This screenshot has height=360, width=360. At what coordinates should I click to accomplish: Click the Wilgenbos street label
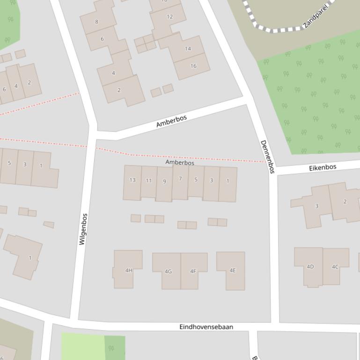click(x=83, y=229)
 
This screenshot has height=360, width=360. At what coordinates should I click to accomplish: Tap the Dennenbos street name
click(x=266, y=157)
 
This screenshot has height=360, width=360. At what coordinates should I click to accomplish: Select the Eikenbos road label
click(x=323, y=167)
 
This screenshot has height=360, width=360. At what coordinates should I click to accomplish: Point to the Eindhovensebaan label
click(x=206, y=327)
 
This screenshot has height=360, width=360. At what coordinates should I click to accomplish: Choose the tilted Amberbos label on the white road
click(x=171, y=121)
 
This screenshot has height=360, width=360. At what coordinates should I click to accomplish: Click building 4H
click(x=128, y=270)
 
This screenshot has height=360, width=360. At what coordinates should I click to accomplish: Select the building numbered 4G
click(x=168, y=271)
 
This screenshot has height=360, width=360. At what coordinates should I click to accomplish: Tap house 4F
click(x=193, y=271)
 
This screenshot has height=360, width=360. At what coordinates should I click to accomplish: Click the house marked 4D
click(x=310, y=267)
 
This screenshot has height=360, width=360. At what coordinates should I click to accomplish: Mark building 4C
click(x=335, y=267)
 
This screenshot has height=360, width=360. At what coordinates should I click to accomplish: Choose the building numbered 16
click(x=193, y=66)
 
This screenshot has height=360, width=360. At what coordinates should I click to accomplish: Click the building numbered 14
click(x=187, y=49)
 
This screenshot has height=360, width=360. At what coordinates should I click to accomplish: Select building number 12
click(x=169, y=17)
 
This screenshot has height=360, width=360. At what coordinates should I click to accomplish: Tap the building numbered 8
click(x=97, y=22)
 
